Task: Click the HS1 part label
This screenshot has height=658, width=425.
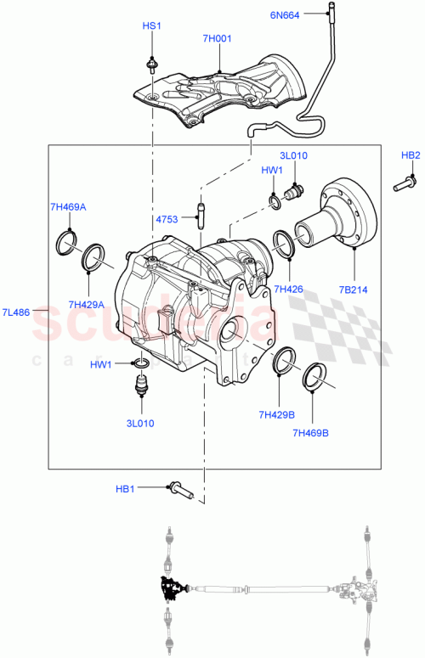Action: click(150, 27)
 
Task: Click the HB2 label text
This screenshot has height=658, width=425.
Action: click(411, 155)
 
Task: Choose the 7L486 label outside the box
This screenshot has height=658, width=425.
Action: click(17, 312)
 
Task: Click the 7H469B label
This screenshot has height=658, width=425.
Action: click(311, 433)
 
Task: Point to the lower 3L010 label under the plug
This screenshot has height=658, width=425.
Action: click(141, 422)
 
